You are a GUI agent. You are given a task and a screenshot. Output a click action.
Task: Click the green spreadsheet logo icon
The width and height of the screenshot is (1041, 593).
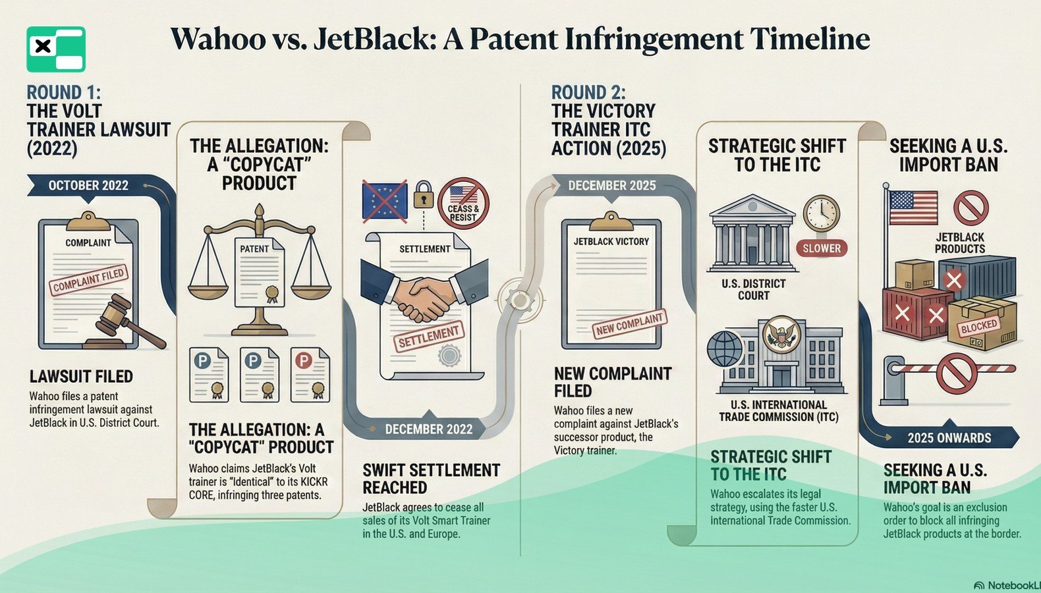click(x=56, y=49)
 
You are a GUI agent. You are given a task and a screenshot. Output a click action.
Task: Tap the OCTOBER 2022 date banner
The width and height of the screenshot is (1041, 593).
click(x=88, y=186)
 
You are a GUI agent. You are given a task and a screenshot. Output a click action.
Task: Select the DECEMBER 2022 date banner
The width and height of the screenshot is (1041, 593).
click(x=429, y=429)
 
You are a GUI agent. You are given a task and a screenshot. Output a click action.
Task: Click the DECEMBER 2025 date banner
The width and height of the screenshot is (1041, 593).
click(x=612, y=186)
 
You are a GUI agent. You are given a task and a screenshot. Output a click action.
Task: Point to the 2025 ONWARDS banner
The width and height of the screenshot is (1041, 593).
click(x=949, y=438)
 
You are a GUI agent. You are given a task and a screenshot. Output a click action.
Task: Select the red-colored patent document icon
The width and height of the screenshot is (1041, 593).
click(x=310, y=374)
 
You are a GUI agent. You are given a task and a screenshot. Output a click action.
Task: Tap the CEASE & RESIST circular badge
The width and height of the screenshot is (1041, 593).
click(x=463, y=203)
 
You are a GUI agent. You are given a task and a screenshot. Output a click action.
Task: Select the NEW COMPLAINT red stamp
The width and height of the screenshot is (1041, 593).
click(x=629, y=324)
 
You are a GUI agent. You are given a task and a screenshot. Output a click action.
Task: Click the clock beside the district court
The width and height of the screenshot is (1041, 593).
click(x=821, y=213)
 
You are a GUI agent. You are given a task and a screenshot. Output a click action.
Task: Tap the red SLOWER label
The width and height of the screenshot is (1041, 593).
click(x=822, y=248)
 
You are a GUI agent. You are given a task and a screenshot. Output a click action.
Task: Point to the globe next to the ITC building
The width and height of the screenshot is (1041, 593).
click(x=724, y=349)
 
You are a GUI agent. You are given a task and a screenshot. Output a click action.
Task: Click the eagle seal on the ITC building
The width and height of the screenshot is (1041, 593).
click(x=781, y=334)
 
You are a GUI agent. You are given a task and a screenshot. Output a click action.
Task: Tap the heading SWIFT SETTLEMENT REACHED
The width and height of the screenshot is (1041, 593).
click(x=431, y=479)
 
